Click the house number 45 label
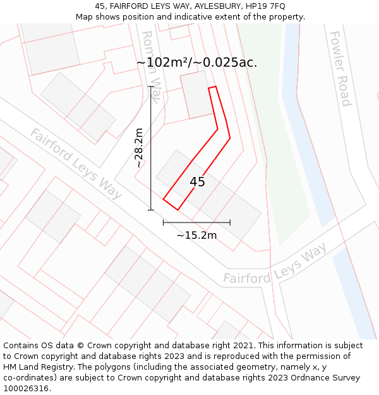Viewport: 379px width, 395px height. (x=197, y=182)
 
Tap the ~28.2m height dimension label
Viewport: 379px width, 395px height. (x=139, y=148)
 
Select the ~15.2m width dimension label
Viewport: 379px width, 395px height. (x=196, y=236)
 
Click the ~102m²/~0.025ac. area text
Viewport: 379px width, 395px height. (x=196, y=63)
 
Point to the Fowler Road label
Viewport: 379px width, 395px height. (x=340, y=68)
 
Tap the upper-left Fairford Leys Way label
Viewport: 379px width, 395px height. (x=76, y=164)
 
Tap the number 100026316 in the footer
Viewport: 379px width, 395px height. (x=26, y=389)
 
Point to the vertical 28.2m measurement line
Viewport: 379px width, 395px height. (x=151, y=148)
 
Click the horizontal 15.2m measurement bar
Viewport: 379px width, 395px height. (x=196, y=222)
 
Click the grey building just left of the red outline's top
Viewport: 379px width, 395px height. (x=196, y=95)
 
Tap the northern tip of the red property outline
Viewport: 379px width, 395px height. (x=213, y=87)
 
